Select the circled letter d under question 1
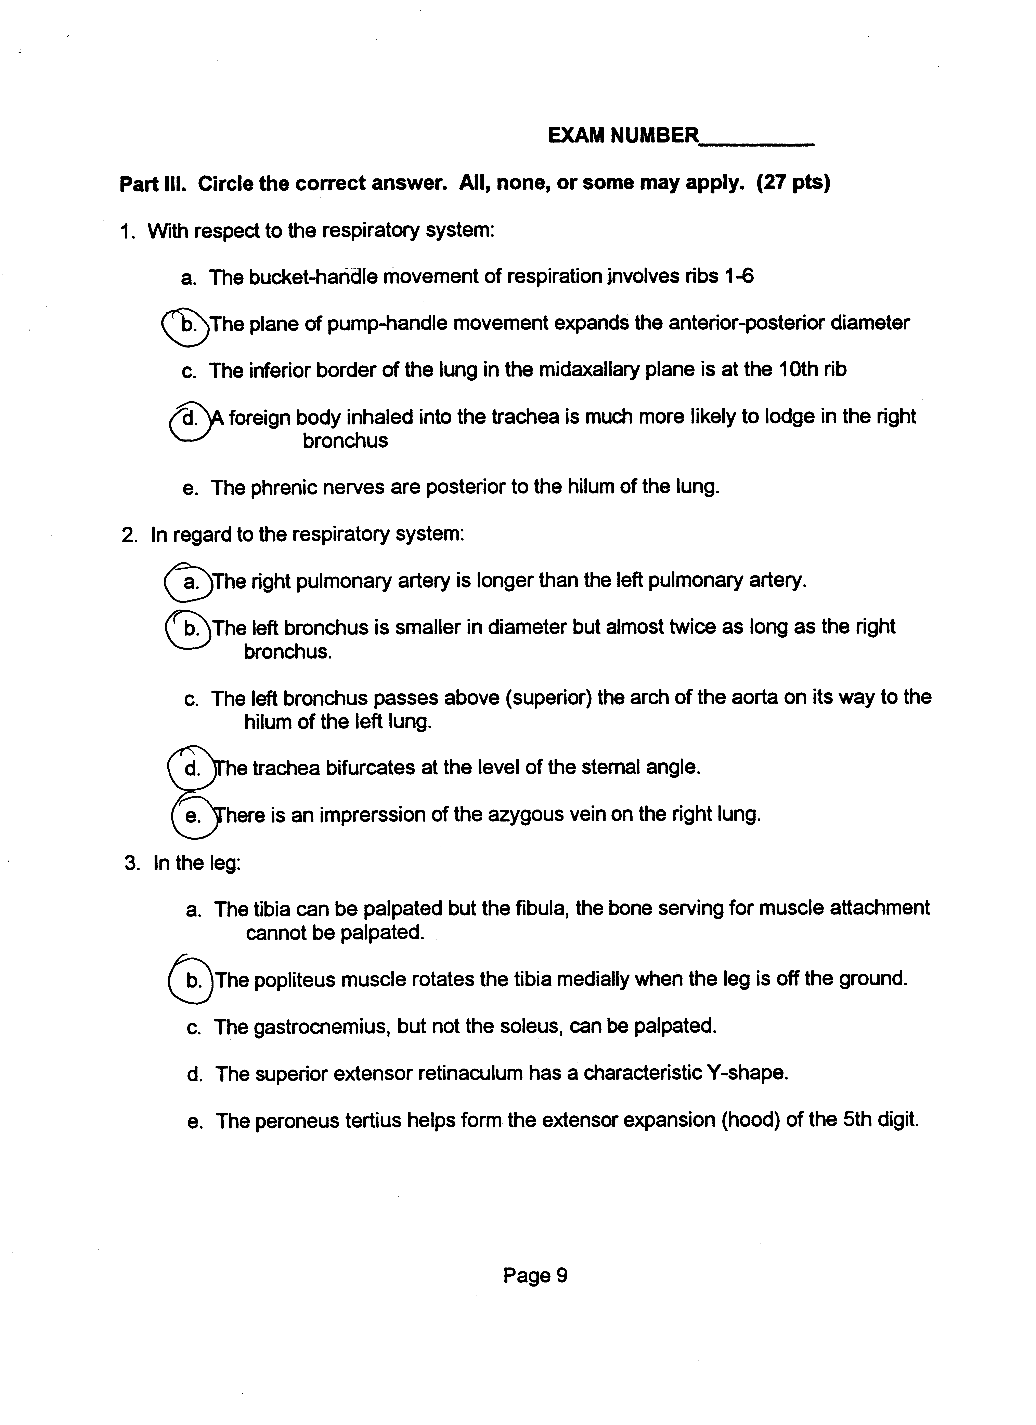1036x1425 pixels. (x=189, y=418)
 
